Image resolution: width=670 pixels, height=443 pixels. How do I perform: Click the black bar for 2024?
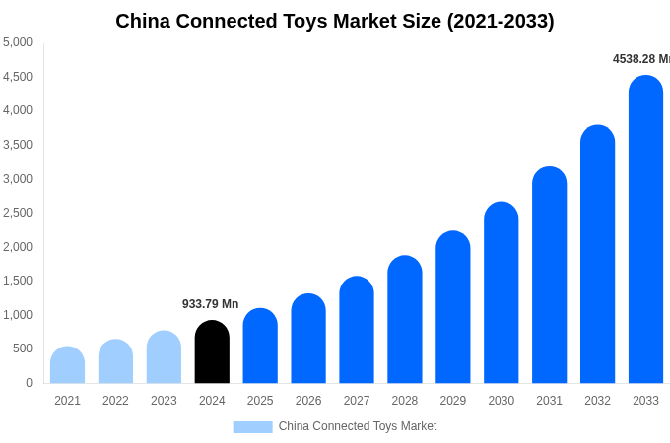(212, 352)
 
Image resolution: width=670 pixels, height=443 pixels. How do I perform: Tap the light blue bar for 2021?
(67, 365)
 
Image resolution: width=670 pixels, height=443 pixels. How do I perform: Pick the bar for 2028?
(404, 320)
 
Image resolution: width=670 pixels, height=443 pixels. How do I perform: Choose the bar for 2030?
(501, 292)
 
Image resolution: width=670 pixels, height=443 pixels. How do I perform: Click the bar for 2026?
(308, 339)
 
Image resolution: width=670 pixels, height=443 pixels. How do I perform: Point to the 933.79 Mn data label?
(210, 304)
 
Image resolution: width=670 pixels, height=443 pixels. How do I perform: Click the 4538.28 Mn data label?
(640, 59)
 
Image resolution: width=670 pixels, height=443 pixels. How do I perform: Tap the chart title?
(335, 21)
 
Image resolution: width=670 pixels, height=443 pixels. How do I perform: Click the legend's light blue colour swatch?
(252, 427)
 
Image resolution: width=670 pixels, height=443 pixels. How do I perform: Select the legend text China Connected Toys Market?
(358, 426)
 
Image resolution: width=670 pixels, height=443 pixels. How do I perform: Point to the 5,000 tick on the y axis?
(18, 42)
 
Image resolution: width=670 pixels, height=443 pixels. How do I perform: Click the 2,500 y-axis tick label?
(18, 213)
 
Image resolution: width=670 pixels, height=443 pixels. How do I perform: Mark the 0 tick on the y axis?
(29, 383)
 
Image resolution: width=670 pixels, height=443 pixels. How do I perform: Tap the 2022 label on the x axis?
(115, 401)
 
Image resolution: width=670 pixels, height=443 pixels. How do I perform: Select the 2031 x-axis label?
(549, 401)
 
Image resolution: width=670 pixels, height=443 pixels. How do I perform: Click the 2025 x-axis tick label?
(260, 401)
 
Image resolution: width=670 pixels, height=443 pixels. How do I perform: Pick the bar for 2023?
(164, 357)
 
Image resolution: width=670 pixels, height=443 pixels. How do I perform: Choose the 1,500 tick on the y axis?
(18, 281)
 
